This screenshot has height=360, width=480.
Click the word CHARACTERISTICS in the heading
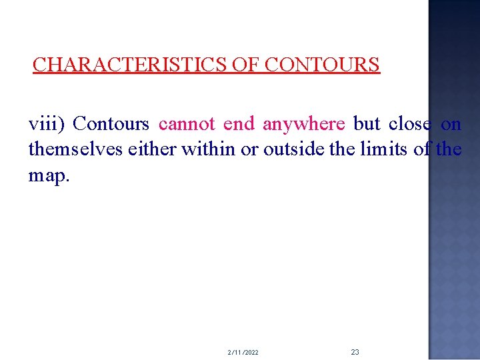pos(130,65)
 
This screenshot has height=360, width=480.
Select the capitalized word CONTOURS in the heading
pos(322,65)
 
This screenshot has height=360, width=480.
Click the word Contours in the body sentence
pos(111,124)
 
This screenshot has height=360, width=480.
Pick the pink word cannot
pos(187,124)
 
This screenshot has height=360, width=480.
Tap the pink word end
pos(239,124)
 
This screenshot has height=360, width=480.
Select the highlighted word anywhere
pos(304,124)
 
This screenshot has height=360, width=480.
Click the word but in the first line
pos(367,124)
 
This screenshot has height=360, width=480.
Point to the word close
pos(409,124)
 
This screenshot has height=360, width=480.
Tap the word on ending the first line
pos(451,124)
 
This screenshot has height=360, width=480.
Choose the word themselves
pos(75,149)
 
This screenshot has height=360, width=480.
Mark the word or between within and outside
pos(249,149)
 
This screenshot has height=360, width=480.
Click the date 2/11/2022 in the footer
pos(243,352)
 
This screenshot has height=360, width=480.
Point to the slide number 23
pos(355,351)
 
